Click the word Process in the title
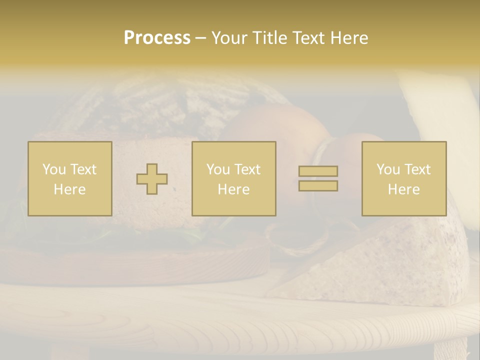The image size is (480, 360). click(x=157, y=38)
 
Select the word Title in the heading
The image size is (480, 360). click(x=269, y=38)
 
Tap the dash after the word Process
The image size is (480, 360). click(x=200, y=38)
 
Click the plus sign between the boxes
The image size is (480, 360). click(x=152, y=179)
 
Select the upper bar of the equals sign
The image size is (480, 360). click(x=318, y=171)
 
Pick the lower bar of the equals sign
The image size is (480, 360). click(x=318, y=186)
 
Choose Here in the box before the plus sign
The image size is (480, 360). click(x=69, y=189)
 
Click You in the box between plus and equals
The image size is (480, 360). click(x=218, y=169)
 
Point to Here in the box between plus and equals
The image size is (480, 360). click(x=233, y=189)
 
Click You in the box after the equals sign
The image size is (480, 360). click(x=388, y=169)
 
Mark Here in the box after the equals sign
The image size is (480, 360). click(x=403, y=189)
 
